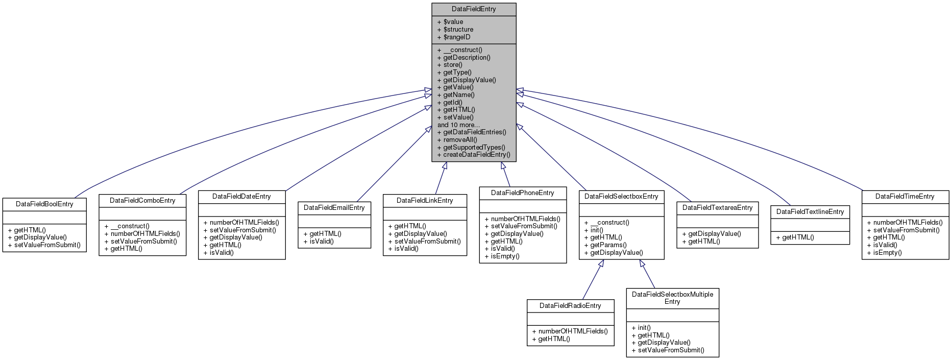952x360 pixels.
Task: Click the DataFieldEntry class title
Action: click(x=474, y=9)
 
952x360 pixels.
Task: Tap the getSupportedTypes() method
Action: click(x=474, y=147)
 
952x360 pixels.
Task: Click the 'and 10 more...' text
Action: click(x=458, y=125)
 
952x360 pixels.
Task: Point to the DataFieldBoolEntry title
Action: click(x=44, y=204)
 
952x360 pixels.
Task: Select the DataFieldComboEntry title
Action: click(x=142, y=200)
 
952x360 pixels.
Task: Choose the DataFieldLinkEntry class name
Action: click(x=425, y=200)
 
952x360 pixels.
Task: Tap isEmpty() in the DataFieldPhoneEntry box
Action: click(x=505, y=256)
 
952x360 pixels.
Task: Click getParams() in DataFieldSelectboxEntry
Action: click(x=608, y=245)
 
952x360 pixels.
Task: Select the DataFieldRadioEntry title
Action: click(x=570, y=305)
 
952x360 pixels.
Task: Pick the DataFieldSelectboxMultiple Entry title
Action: click(x=672, y=298)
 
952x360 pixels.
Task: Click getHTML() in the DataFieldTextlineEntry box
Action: click(x=798, y=237)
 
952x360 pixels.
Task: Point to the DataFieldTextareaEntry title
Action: click(x=717, y=207)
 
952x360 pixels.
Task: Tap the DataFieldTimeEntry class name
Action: click(x=905, y=196)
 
